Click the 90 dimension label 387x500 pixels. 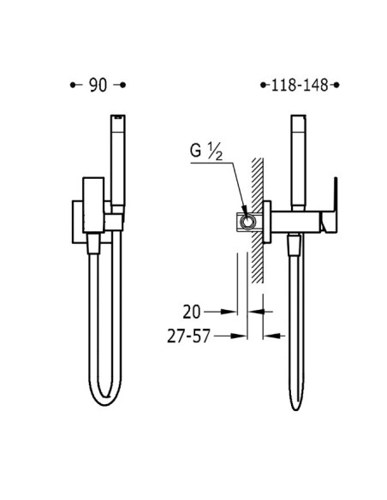click(x=98, y=85)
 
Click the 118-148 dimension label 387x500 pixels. click(x=300, y=85)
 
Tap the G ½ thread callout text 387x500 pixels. click(x=206, y=152)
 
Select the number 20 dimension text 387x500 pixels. click(x=191, y=312)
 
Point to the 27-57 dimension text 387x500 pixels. click(x=188, y=336)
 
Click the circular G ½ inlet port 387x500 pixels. click(x=247, y=221)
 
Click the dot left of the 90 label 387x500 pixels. click(x=73, y=85)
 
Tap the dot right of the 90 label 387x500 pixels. click(x=123, y=85)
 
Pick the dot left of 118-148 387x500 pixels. click(x=263, y=85)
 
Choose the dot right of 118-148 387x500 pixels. click(x=336, y=85)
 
